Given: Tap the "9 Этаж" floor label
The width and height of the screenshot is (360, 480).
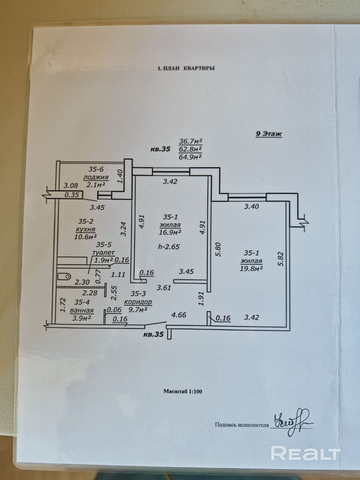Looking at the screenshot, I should [x=268, y=134].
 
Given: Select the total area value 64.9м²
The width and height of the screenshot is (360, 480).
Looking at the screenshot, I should [x=191, y=156].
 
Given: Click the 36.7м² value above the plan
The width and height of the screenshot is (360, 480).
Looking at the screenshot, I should [x=191, y=141].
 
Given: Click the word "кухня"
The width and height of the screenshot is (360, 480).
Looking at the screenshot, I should [x=85, y=229].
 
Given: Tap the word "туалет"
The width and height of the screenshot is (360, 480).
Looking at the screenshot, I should [x=103, y=253].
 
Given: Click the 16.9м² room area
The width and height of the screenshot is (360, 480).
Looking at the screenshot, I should [x=171, y=232].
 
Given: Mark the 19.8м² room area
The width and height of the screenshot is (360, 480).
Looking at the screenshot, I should [x=251, y=268].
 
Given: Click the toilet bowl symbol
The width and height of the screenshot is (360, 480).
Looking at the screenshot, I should [x=64, y=277].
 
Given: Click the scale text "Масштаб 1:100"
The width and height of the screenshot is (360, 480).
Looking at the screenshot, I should [x=183, y=391].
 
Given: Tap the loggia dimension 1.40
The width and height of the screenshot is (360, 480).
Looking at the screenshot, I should [x=120, y=176].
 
